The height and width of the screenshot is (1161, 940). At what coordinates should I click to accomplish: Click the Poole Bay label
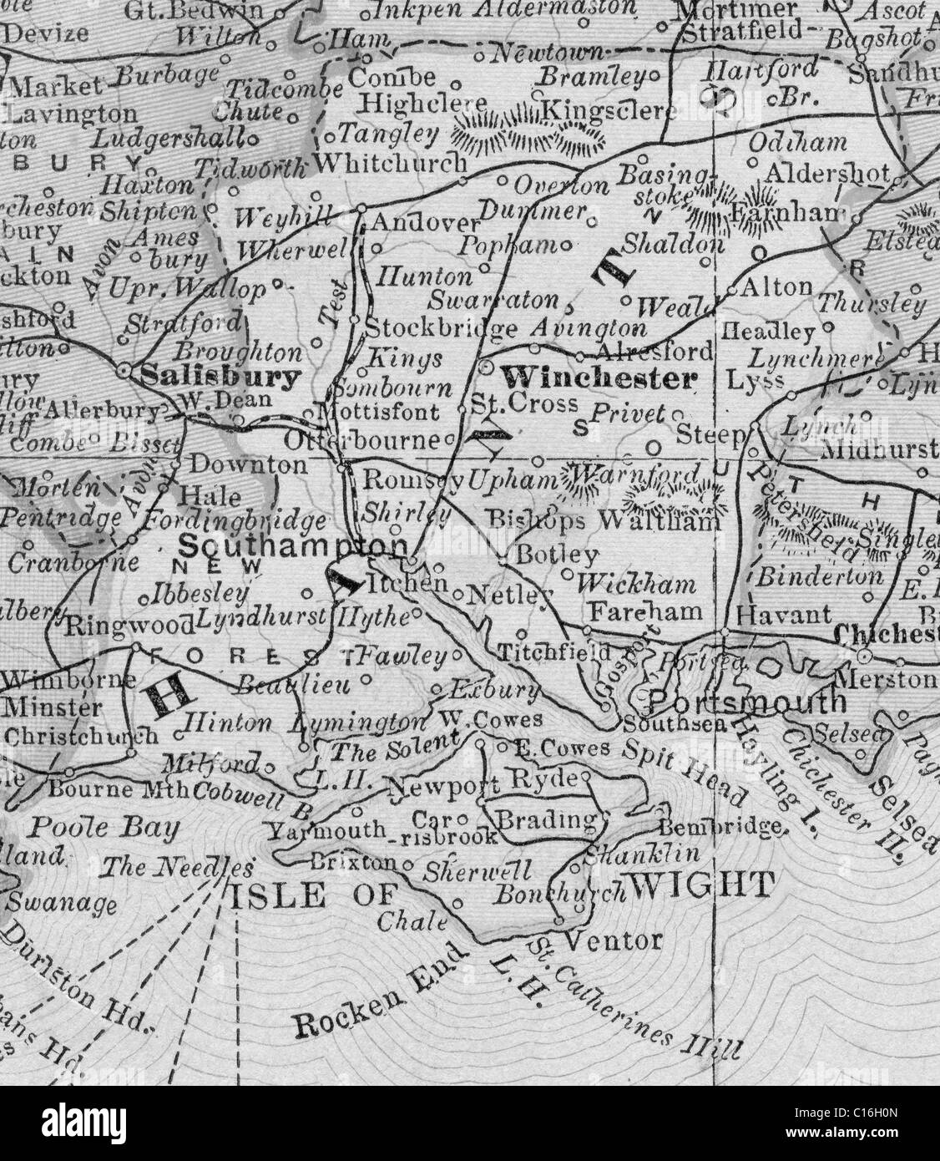[104, 828]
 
